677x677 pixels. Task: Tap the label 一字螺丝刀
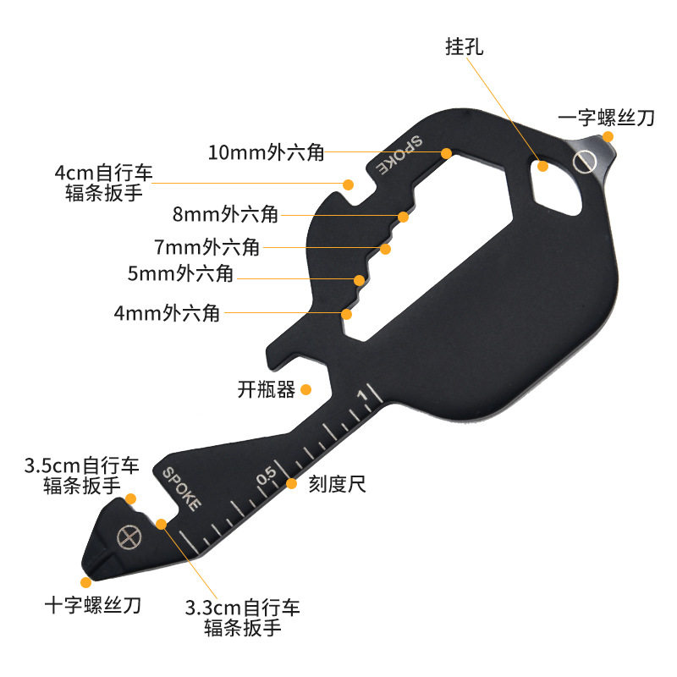tap(606, 118)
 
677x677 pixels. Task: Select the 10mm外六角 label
tap(266, 153)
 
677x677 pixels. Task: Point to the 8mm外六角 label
tap(225, 214)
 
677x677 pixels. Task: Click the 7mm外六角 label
tap(206, 248)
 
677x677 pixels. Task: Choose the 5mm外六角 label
tap(180, 274)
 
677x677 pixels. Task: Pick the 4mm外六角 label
tap(167, 313)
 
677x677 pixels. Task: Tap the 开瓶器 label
tap(266, 390)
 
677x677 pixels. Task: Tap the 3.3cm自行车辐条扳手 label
tap(242, 618)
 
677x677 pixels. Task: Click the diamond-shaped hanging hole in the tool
tap(553, 182)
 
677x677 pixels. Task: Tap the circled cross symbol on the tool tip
tap(128, 536)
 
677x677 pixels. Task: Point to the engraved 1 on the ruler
tap(362, 394)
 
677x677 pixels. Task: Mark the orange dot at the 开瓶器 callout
tap(307, 389)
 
